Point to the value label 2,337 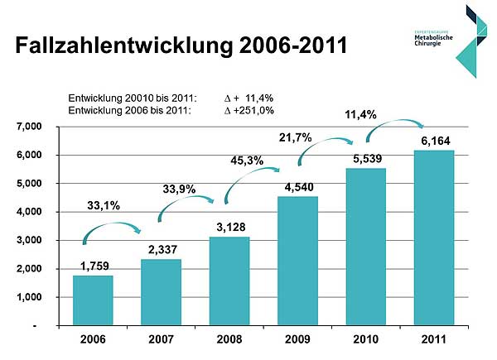point(162,249)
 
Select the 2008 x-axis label point(229,339)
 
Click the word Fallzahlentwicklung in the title point(119,45)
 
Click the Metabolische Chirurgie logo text point(432,39)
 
